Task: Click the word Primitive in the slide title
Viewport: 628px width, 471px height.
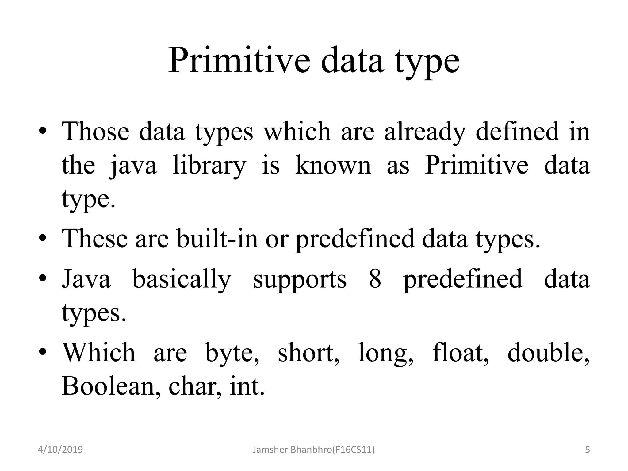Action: (x=239, y=60)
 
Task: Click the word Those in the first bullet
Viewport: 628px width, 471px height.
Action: (x=95, y=132)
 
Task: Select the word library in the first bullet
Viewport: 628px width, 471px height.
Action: (x=209, y=166)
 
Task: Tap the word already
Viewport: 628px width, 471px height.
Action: (x=425, y=132)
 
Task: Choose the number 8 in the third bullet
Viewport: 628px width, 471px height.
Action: (x=375, y=279)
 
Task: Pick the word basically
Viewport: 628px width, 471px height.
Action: (x=182, y=279)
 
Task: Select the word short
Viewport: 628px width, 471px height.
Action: (x=308, y=353)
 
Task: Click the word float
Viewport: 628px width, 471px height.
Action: (x=460, y=353)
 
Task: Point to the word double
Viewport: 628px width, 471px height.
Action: (x=548, y=353)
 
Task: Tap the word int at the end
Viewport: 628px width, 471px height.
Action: (x=246, y=386)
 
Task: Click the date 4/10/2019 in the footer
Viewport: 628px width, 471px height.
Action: (x=60, y=450)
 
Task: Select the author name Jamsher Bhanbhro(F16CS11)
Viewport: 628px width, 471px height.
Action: (x=313, y=450)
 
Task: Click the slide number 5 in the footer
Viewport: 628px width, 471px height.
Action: (x=587, y=450)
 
